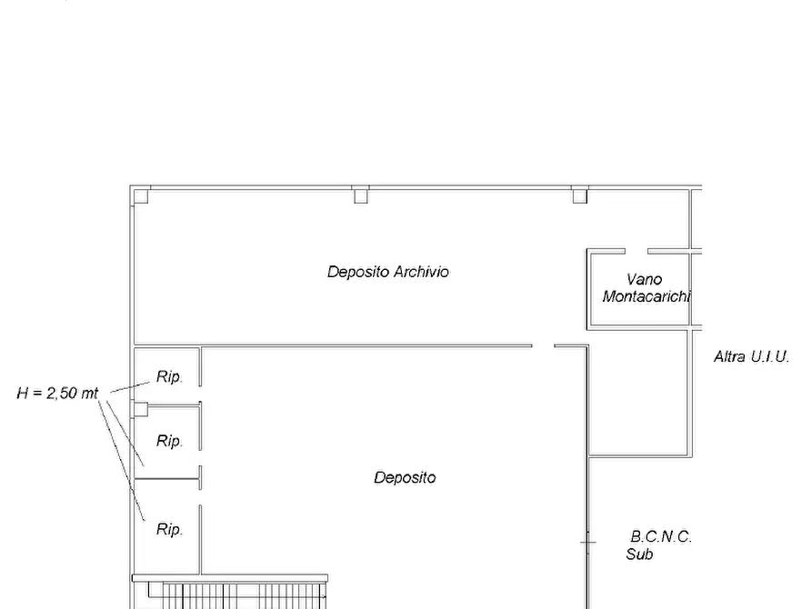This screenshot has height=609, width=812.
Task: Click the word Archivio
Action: tap(421, 272)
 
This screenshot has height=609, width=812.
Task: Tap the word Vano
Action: tap(644, 280)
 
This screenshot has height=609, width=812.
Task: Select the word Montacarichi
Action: tap(647, 296)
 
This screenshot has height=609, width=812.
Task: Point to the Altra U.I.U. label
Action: tap(751, 356)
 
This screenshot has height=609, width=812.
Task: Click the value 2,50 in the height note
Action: tap(62, 393)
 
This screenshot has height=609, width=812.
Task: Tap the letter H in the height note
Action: tap(22, 393)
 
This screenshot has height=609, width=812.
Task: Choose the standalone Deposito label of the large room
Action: tap(405, 477)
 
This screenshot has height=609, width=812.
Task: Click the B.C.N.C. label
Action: tap(661, 536)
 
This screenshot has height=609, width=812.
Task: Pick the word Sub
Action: tap(639, 554)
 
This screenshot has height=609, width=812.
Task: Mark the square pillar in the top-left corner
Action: tap(141, 196)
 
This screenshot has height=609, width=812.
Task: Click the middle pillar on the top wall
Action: tap(361, 196)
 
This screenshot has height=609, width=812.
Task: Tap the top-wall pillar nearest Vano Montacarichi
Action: tap(580, 196)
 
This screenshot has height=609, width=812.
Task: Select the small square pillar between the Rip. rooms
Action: tap(141, 410)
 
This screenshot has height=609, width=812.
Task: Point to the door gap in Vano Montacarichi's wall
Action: tap(637, 251)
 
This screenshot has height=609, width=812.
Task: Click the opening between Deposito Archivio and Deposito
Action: tap(543, 345)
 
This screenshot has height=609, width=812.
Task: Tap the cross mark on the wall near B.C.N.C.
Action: tap(587, 543)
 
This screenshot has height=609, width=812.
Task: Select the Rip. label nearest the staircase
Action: tap(169, 529)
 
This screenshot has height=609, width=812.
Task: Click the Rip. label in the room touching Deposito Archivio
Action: tap(169, 376)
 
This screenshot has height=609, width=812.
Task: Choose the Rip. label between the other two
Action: tap(169, 441)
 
